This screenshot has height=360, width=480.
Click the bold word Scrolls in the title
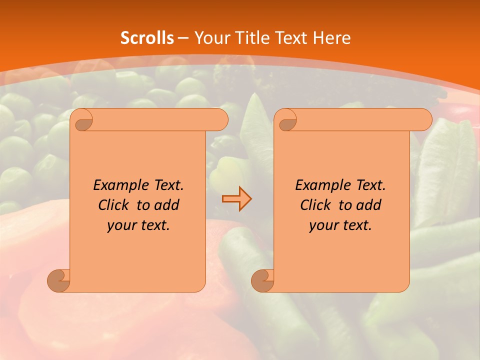147,37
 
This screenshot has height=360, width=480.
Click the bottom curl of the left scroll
59,280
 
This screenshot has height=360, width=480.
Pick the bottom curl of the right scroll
263,280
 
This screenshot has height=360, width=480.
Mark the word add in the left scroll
166,205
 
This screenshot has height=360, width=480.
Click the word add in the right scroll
368,205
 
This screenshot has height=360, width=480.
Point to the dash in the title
183,37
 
